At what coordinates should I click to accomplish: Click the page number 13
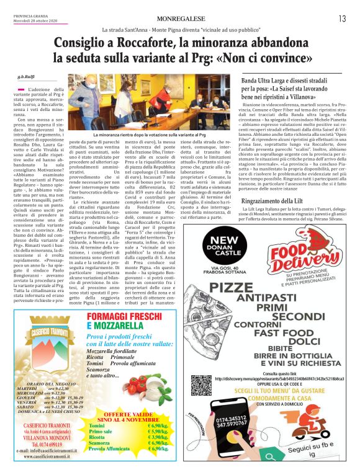tap(342, 19)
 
